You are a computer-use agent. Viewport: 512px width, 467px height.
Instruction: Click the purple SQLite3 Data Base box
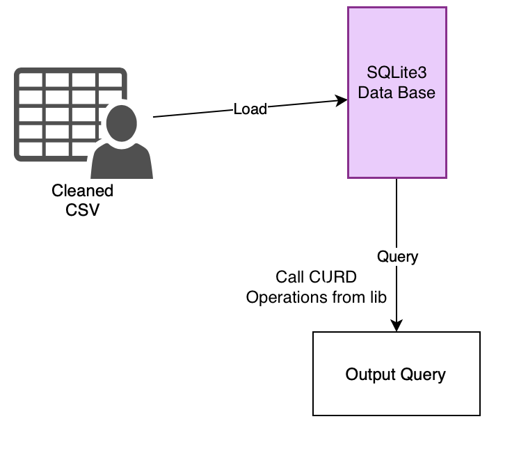point(397,132)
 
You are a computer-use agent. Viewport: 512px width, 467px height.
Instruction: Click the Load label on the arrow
point(250,109)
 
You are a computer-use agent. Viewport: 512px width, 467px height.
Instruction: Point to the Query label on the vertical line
point(397,256)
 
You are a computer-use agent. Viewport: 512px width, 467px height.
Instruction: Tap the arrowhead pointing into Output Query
point(397,326)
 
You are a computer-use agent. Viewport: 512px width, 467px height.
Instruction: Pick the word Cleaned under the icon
point(82,191)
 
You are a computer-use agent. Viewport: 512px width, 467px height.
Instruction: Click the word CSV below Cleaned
point(82,209)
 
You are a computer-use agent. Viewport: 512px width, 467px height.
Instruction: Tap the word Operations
point(279,297)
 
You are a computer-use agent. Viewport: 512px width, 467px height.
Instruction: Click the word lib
point(377,297)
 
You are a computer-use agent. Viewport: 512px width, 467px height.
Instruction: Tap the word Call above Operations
point(289,277)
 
